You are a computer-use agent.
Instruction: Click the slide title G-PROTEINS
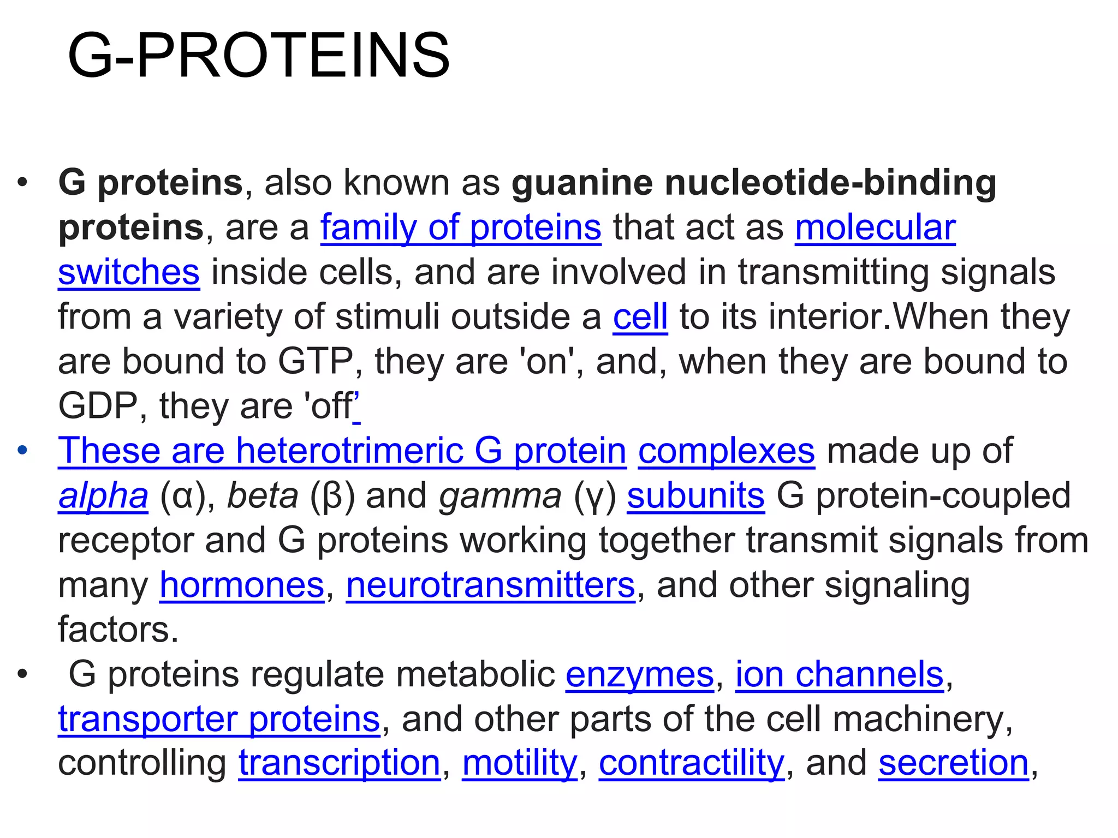(259, 56)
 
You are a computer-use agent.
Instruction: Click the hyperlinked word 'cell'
(640, 316)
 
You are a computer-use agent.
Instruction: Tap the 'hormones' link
(242, 585)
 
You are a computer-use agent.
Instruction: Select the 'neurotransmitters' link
(490, 585)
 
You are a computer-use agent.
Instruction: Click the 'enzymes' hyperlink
(639, 674)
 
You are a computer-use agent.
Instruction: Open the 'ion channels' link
(839, 674)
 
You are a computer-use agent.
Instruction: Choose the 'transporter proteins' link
(219, 719)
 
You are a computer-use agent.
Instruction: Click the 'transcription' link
(339, 763)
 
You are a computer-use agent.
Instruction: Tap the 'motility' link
(519, 763)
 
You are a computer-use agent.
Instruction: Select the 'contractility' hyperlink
(691, 763)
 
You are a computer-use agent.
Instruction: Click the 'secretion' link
(953, 763)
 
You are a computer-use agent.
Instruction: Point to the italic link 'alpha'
(103, 496)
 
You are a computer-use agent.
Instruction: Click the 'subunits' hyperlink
(695, 496)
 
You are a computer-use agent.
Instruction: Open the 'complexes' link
(726, 451)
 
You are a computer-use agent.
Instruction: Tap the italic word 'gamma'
(500, 496)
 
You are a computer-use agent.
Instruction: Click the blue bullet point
(22, 451)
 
